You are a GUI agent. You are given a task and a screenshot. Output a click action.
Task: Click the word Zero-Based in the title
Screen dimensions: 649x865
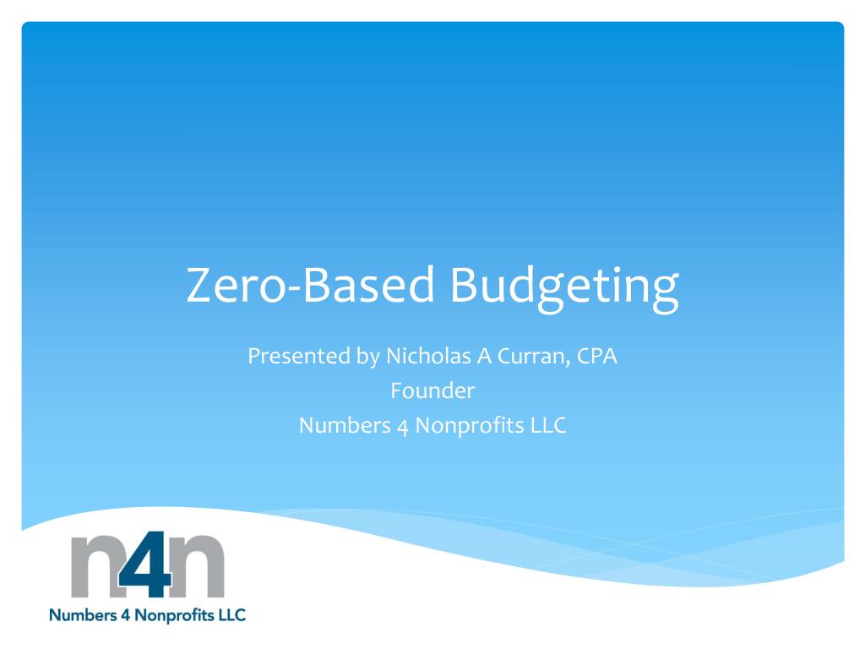click(x=309, y=285)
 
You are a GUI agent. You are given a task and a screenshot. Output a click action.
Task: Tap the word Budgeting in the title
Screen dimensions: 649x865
click(x=563, y=287)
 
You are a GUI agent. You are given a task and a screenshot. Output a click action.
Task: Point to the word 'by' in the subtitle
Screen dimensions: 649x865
click(x=364, y=358)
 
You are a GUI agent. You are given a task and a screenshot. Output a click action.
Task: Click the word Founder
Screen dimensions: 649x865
click(x=432, y=391)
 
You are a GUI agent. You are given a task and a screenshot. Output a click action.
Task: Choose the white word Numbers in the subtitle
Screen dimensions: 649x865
click(x=342, y=426)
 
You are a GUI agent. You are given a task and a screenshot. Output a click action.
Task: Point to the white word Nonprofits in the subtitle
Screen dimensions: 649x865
click(x=469, y=427)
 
